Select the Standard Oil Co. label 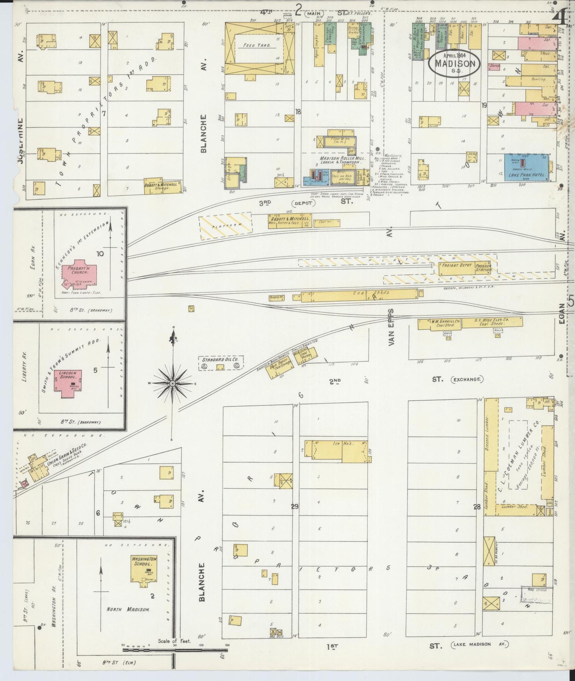220,360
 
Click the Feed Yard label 257,45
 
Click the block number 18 298,112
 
